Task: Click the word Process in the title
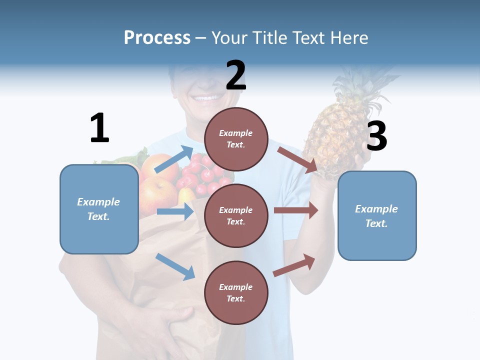point(157,38)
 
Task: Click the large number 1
point(99,128)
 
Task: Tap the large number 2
point(236,75)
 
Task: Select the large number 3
point(376,136)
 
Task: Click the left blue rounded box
point(99,209)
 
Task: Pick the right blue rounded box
point(377,215)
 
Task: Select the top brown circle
point(236,139)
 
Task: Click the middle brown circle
point(236,215)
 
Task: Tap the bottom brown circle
point(236,292)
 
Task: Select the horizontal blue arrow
point(175,211)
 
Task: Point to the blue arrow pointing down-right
point(175,266)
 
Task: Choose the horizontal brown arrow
point(296,210)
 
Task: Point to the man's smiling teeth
point(205,98)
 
